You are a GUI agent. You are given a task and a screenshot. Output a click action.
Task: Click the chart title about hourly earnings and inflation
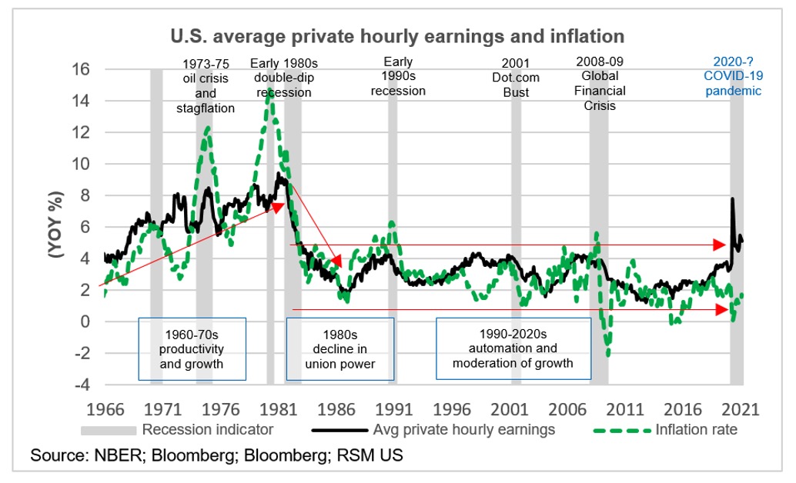click(397, 36)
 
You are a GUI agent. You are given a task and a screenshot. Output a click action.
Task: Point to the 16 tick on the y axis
click(82, 69)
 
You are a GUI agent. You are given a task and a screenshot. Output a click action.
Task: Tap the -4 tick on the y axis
click(82, 385)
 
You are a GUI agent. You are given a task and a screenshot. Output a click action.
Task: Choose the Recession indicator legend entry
click(207, 429)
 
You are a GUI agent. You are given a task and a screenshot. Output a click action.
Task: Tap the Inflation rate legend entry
click(696, 429)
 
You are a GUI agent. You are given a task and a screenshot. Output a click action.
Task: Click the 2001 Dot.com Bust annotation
click(516, 77)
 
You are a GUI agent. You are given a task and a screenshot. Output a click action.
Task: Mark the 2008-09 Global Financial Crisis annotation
click(599, 84)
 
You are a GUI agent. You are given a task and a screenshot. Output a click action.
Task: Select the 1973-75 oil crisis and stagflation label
click(206, 85)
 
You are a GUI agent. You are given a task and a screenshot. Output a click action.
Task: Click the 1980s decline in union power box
click(340, 348)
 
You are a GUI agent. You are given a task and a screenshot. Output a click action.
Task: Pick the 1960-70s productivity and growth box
click(192, 348)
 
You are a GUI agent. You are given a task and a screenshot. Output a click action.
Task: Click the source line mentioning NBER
click(216, 455)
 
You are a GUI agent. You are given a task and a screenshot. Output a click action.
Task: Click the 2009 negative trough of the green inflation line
click(608, 355)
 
